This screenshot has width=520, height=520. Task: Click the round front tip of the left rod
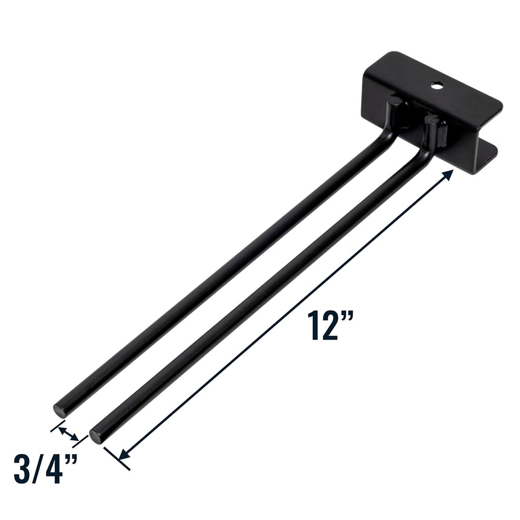(x=59, y=409)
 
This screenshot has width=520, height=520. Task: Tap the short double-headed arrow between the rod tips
(x=68, y=433)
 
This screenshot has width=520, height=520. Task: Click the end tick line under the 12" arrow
(x=117, y=458)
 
